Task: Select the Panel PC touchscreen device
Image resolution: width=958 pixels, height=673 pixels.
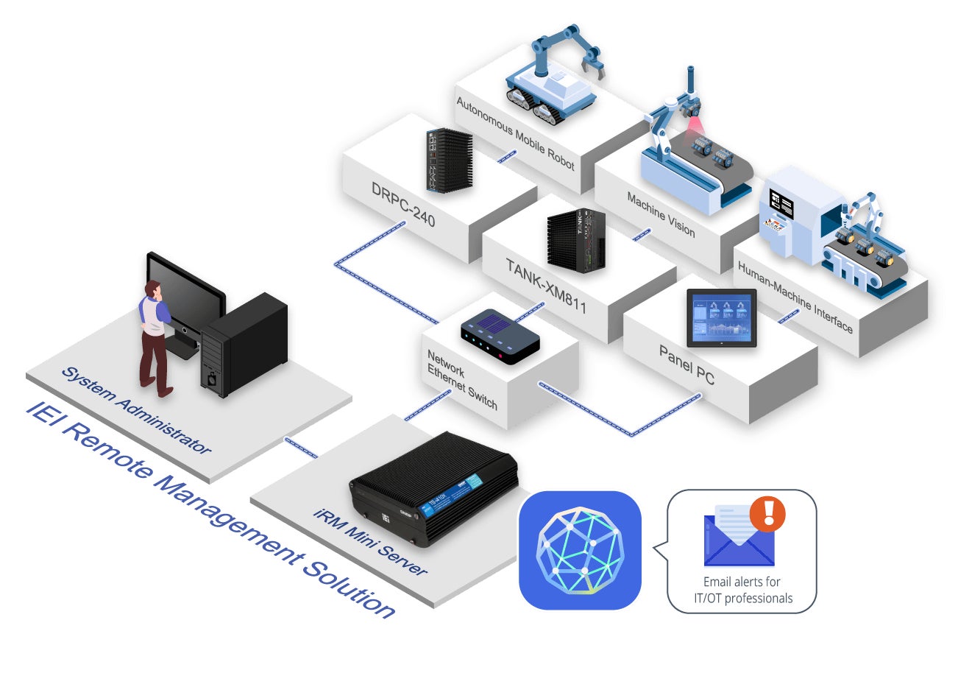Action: tap(720, 317)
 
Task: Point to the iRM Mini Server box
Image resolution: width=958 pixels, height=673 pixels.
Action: tap(434, 488)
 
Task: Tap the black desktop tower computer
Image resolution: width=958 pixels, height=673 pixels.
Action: tap(244, 345)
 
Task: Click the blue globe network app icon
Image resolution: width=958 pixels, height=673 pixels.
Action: tap(580, 550)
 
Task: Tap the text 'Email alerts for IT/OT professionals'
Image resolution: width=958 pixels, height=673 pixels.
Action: tap(742, 591)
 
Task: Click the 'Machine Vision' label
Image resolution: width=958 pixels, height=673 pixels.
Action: tap(661, 214)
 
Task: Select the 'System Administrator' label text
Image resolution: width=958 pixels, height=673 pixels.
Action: tap(136, 411)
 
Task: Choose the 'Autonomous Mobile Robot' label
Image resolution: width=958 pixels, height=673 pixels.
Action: tap(514, 133)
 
